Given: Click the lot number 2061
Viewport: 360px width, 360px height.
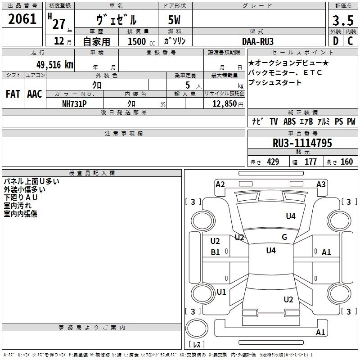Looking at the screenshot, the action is pyautogui.click(x=22, y=19).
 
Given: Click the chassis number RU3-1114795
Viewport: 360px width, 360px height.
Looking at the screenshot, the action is pyautogui.click(x=302, y=143).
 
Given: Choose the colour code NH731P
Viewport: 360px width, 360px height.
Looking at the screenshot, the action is pyautogui.click(x=75, y=103).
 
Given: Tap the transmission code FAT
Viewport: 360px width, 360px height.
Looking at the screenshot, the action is pyautogui.click(x=13, y=94).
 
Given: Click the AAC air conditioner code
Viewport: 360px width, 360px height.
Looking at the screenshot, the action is pyautogui.click(x=35, y=94).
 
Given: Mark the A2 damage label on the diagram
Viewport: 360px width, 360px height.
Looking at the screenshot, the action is pyautogui.click(x=220, y=184).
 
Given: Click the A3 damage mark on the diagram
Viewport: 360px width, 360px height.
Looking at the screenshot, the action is pyautogui.click(x=321, y=184).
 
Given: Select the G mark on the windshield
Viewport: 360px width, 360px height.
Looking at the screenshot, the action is pyautogui.click(x=284, y=237).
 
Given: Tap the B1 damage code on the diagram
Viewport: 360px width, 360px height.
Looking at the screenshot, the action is pyautogui.click(x=215, y=252).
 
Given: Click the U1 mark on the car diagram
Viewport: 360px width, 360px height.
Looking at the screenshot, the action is pyautogui.click(x=221, y=292).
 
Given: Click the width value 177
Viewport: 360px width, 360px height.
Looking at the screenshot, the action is pyautogui.click(x=310, y=162).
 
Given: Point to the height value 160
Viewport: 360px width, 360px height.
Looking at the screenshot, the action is pyautogui.click(x=346, y=162).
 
